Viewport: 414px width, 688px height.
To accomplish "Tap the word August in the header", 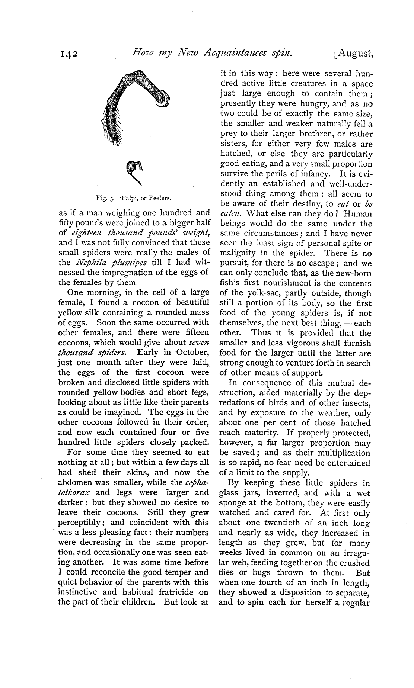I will (354, 55).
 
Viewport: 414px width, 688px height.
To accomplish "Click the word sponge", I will (234, 504).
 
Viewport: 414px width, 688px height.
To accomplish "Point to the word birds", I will (282, 403).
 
